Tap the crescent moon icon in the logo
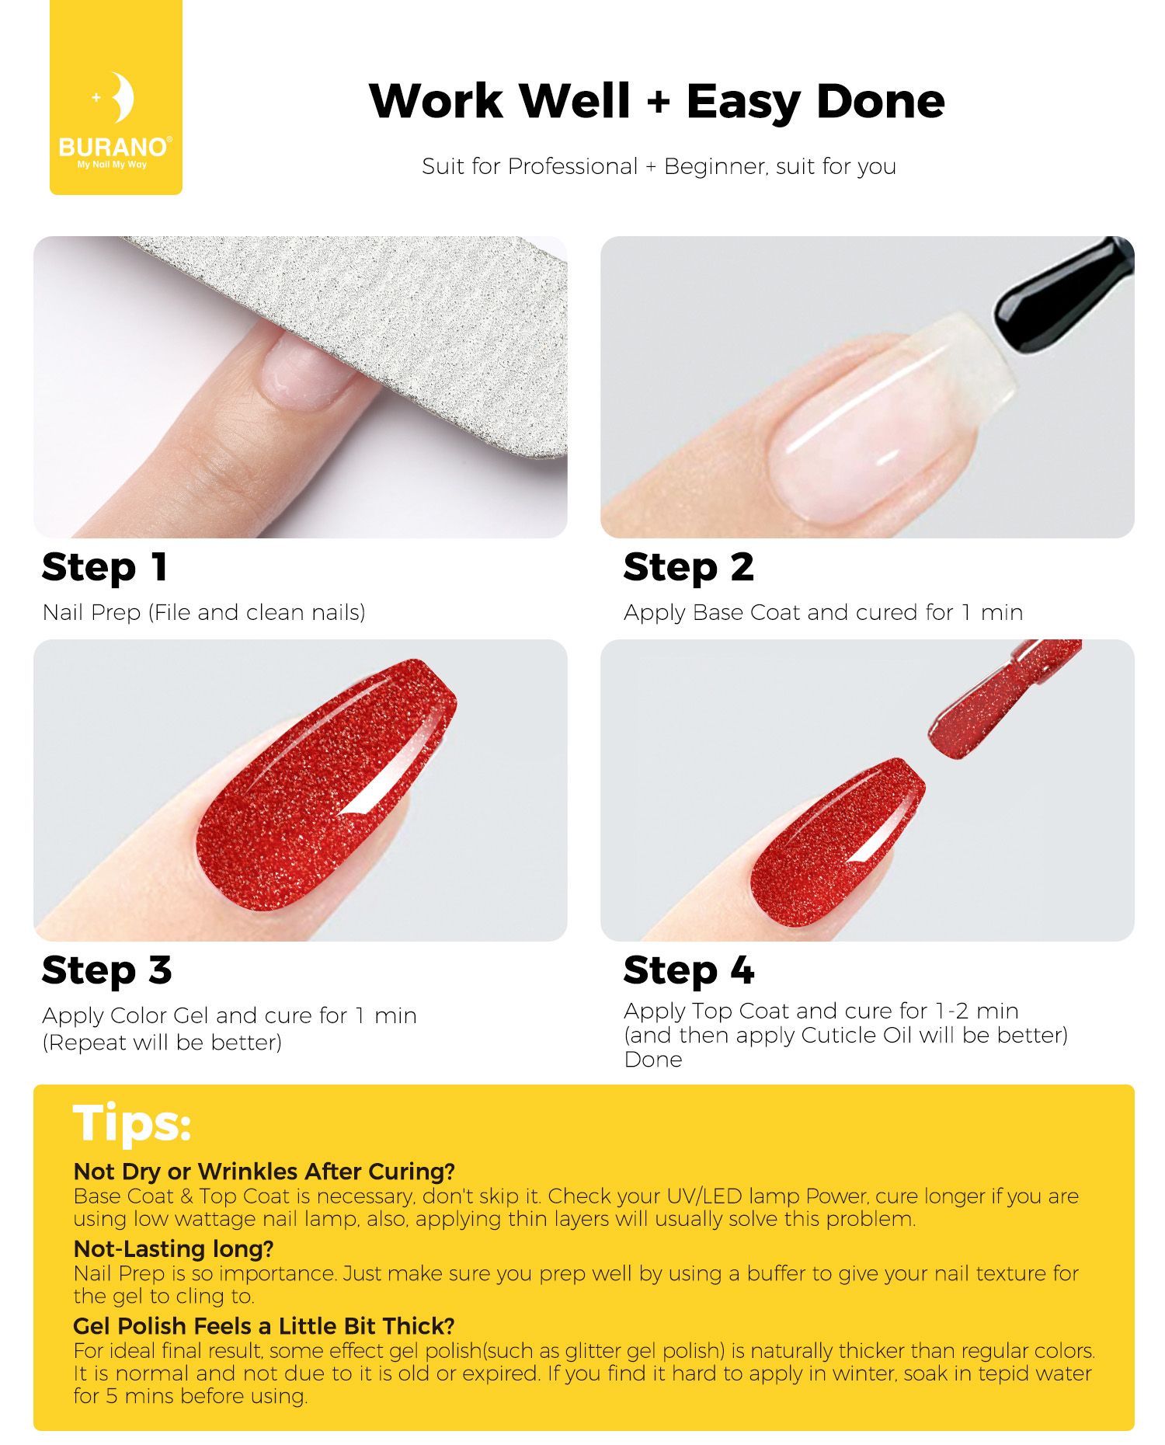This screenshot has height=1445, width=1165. [123, 97]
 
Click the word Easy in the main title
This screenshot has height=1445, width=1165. [742, 102]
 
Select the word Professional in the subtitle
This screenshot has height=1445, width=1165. [572, 166]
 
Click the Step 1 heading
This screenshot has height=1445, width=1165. [104, 568]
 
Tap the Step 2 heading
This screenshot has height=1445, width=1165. [688, 568]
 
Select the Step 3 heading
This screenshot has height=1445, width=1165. [106, 971]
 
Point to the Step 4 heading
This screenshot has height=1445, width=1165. [689, 971]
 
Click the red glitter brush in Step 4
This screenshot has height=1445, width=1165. [1002, 699]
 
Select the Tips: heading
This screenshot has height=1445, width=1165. [131, 1123]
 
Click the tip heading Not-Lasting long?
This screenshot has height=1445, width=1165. [173, 1249]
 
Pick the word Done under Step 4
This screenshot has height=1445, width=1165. [653, 1060]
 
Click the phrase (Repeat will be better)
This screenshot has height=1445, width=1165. [162, 1043]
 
